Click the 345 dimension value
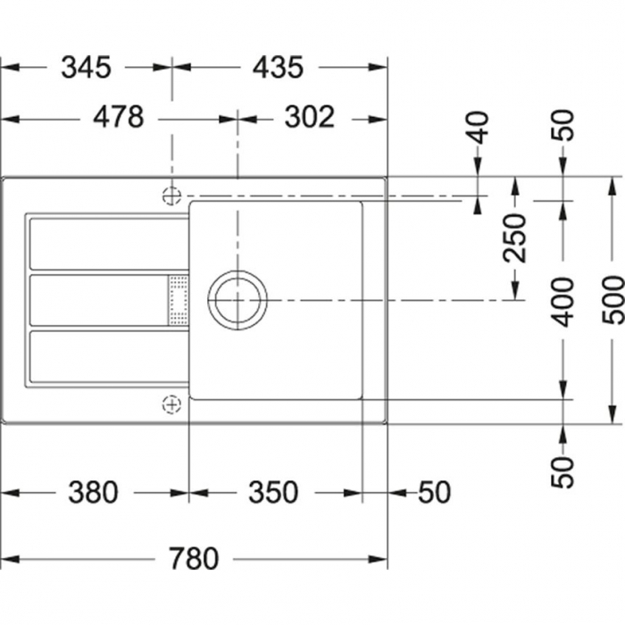click(x=86, y=67)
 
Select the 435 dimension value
click(x=278, y=67)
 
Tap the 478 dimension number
click(x=118, y=118)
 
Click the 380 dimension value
click(x=93, y=492)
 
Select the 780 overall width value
click(x=193, y=560)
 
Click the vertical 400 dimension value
click(x=562, y=303)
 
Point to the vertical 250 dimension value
click(x=514, y=237)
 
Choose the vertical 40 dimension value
click(x=479, y=127)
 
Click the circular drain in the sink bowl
click(x=237, y=299)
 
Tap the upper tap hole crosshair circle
click(x=171, y=195)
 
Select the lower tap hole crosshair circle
click(x=171, y=404)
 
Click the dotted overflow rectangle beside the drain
click(x=179, y=299)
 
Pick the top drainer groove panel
click(x=107, y=242)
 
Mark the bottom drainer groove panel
click(x=107, y=357)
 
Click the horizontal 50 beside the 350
click(x=435, y=492)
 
